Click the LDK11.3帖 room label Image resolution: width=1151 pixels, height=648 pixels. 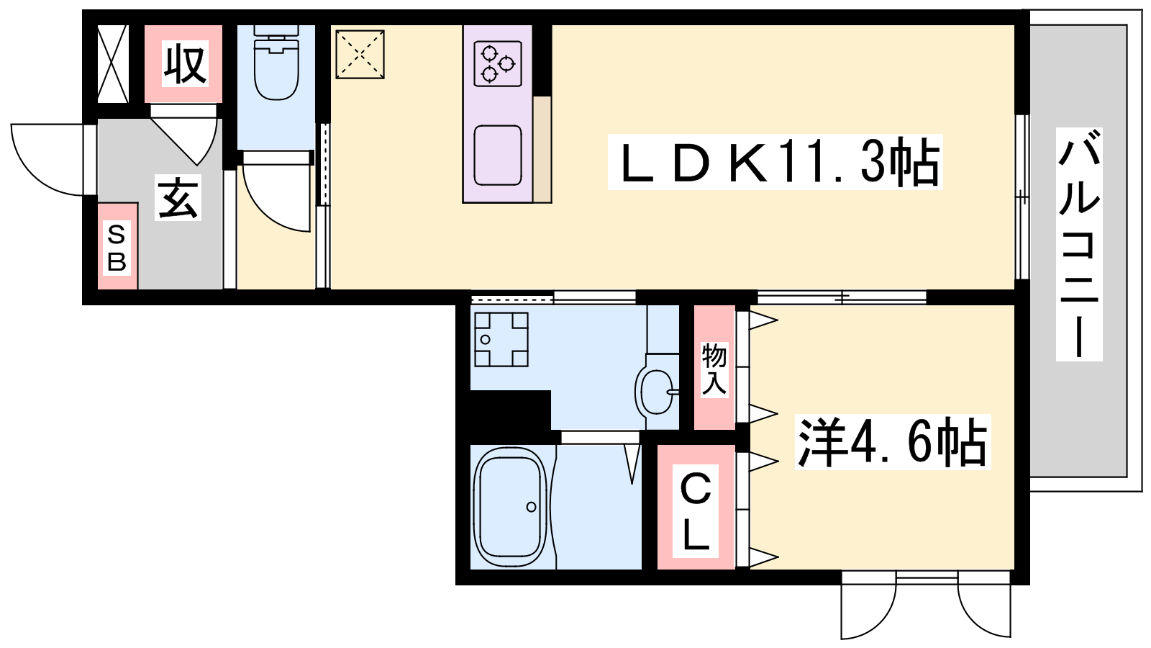point(775,162)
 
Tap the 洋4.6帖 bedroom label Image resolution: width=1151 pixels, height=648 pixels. point(893,442)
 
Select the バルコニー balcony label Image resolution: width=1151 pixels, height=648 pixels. point(1079,244)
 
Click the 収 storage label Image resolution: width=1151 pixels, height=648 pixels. point(185,65)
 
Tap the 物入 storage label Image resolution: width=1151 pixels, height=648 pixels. point(715,369)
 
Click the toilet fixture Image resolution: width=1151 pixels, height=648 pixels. point(276,62)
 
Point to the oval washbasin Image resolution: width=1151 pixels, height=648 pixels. point(655,392)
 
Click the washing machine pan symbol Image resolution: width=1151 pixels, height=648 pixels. point(501,339)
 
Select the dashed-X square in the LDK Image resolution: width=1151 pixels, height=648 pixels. point(360,55)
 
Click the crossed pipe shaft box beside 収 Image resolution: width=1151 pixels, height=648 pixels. point(113,64)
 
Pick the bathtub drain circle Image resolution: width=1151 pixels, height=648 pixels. point(532,507)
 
